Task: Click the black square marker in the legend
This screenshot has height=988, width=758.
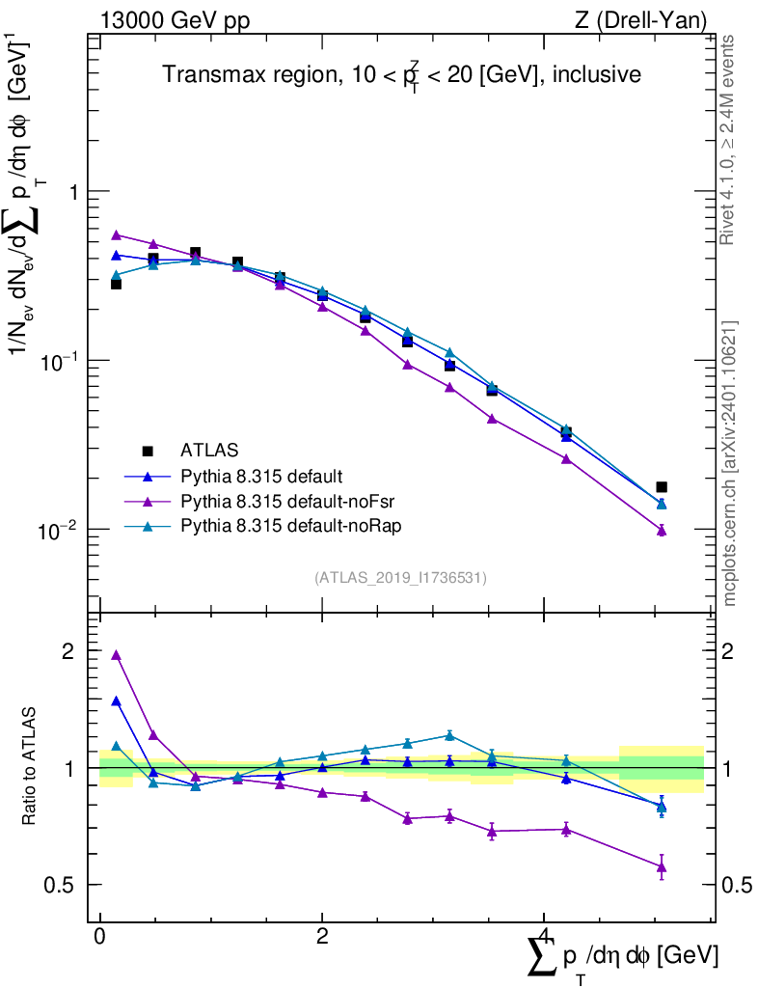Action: [x=148, y=450]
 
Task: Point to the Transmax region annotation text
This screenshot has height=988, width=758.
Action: [x=401, y=76]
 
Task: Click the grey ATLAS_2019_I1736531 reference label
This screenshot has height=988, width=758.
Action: [x=400, y=578]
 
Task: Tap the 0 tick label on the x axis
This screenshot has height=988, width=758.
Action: [x=100, y=936]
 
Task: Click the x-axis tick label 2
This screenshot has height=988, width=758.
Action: [x=322, y=936]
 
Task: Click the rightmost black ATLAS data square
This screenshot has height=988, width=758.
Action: [x=661, y=487]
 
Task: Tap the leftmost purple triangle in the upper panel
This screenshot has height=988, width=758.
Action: [x=117, y=234]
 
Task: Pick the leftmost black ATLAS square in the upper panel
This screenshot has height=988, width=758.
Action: [x=117, y=284]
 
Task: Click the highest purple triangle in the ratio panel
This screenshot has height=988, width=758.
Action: [x=117, y=655]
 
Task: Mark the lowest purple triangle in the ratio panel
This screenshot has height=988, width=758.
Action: [x=662, y=866]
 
